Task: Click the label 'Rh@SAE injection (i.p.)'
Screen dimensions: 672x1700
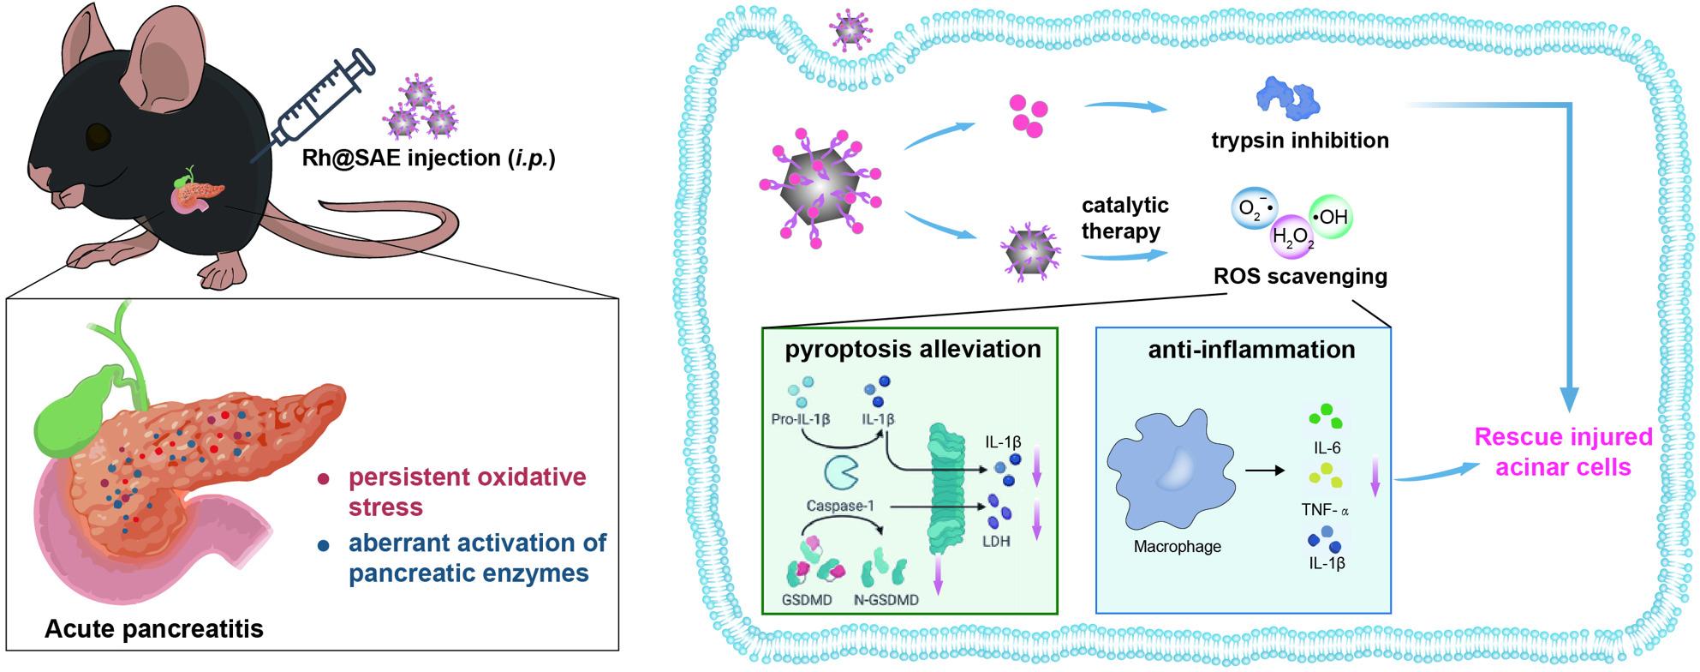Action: [x=428, y=159]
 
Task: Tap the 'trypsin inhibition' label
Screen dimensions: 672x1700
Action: [x=1300, y=140]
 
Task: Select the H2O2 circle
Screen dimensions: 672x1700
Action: [x=1293, y=237]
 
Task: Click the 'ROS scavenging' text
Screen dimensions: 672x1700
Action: [x=1300, y=277]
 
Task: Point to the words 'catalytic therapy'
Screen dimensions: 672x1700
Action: [x=1124, y=219]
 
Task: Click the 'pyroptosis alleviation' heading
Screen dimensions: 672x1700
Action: [x=913, y=349]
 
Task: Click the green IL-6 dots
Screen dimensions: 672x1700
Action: [x=1325, y=418]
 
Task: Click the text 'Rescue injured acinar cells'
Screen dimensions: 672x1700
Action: [x=1563, y=452]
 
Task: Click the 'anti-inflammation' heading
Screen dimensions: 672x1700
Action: [x=1251, y=349]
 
